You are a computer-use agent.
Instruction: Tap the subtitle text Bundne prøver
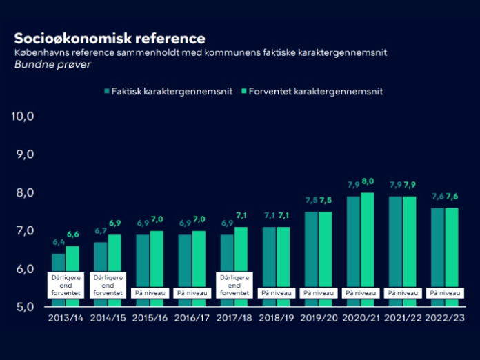(x=52, y=65)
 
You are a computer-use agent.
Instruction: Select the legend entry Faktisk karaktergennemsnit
(x=168, y=91)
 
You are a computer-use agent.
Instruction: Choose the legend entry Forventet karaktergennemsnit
(x=314, y=91)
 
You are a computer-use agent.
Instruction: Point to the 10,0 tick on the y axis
(x=23, y=116)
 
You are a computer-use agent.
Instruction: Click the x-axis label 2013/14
(x=66, y=319)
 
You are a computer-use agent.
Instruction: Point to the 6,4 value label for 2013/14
(x=58, y=243)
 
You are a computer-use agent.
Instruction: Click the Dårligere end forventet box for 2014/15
(x=108, y=285)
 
